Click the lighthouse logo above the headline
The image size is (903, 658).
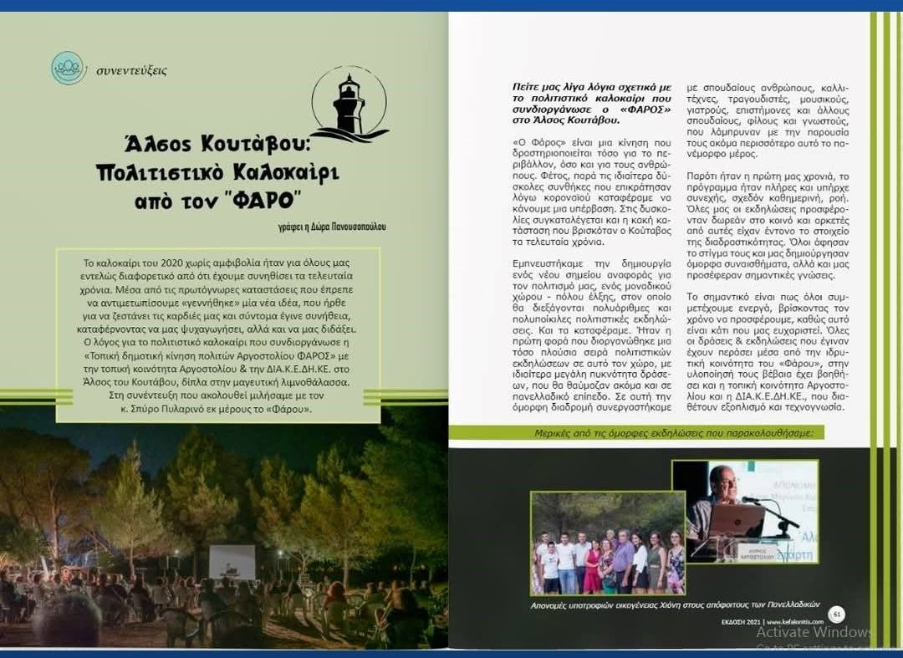tap(349, 105)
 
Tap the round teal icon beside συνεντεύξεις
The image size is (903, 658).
tap(69, 69)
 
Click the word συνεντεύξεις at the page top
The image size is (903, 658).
tap(131, 70)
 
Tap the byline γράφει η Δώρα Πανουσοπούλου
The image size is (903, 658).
tap(321, 227)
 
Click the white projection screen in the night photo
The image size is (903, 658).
tap(232, 562)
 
